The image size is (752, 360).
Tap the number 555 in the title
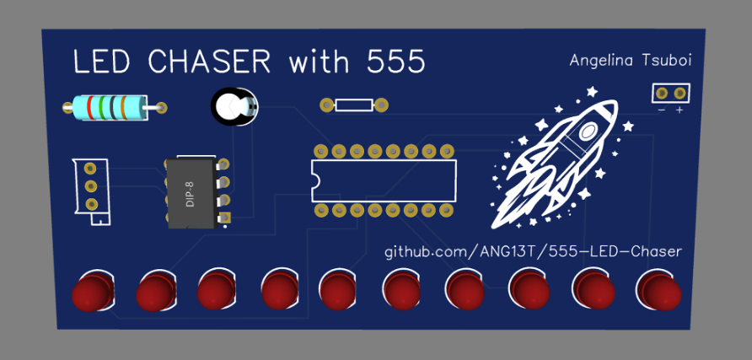point(395,62)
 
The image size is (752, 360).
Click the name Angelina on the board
point(600,61)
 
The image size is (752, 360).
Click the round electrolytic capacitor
point(232,108)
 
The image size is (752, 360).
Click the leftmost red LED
point(91,293)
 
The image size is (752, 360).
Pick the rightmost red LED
point(659,291)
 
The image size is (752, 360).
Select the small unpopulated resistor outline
point(354,105)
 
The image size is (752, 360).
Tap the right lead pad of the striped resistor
point(160,107)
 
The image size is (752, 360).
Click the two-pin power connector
point(670,93)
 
